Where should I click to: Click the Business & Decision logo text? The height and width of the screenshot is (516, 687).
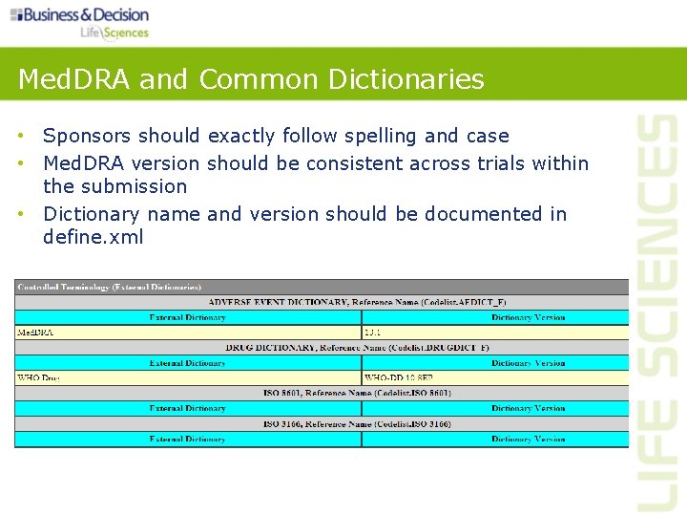85,14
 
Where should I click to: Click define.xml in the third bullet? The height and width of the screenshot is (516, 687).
93,237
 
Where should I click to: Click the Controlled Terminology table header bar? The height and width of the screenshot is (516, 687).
110,287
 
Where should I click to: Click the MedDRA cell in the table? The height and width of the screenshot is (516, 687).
36,333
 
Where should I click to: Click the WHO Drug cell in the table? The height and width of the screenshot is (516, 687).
38,377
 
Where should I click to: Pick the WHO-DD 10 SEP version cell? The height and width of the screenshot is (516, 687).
399,377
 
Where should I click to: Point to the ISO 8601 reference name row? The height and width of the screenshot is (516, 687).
357,393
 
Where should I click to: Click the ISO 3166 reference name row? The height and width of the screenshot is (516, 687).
357,423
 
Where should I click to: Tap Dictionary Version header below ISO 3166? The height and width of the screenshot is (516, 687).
528,439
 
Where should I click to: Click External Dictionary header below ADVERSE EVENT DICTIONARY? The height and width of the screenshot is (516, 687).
187,317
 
